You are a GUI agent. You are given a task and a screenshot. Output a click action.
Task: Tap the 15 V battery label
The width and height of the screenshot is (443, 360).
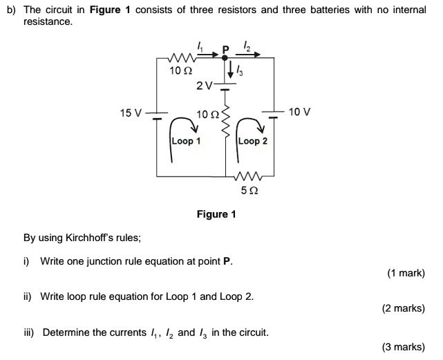point(130,112)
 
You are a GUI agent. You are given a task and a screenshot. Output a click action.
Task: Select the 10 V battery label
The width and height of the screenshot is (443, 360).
point(300,111)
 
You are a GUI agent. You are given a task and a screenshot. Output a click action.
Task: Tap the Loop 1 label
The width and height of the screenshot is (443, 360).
point(186,140)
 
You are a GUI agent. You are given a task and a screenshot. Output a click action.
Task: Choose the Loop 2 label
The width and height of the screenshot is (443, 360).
point(252,140)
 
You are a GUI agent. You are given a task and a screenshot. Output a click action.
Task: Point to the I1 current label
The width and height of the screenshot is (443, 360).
point(201,47)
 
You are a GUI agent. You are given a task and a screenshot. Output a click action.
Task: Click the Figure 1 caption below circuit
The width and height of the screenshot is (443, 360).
point(216,214)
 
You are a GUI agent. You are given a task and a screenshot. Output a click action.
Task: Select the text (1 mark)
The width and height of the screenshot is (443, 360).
point(406,274)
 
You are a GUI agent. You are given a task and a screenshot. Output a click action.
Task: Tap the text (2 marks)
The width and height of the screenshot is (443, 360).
point(403,309)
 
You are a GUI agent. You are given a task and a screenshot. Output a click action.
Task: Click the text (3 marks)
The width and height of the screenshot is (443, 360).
point(403,347)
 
